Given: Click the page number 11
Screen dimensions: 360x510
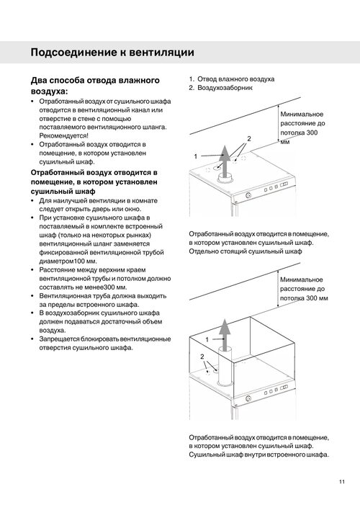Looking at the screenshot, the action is pyautogui.click(x=341, y=482).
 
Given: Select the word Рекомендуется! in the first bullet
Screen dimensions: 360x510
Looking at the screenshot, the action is pyautogui.click(x=64, y=135).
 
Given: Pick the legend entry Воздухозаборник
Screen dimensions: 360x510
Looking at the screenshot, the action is pyautogui.click(x=225, y=87).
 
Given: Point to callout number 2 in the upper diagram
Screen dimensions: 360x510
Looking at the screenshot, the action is pyautogui.click(x=249, y=138).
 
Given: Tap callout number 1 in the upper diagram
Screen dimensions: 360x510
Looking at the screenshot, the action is pyautogui.click(x=195, y=156).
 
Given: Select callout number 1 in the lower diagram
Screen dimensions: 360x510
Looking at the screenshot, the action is pyautogui.click(x=207, y=340).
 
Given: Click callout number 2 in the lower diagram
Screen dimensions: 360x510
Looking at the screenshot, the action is pyautogui.click(x=202, y=357).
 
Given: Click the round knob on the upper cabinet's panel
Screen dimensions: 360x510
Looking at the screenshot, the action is pyautogui.click(x=248, y=195).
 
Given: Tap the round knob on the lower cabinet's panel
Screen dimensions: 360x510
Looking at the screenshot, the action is pyautogui.click(x=248, y=398).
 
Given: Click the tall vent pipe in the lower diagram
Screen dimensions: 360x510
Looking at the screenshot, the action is pyautogui.click(x=225, y=366).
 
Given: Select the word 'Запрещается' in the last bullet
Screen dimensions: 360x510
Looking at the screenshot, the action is pyautogui.click(x=60, y=339).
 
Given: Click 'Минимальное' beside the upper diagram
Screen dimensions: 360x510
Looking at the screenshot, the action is pyautogui.click(x=302, y=114).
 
